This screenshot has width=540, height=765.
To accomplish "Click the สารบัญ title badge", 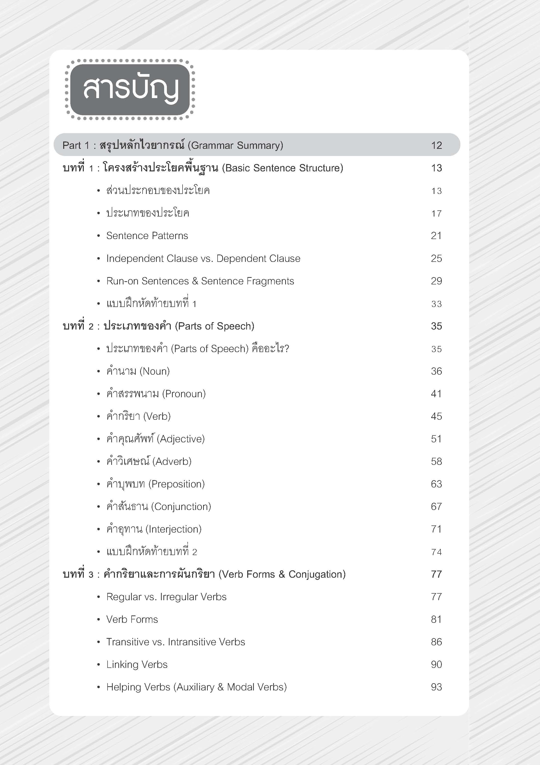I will coord(130,89).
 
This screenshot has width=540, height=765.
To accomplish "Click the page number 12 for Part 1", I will coord(436,145).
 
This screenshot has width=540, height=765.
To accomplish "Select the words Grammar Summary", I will coord(236,145).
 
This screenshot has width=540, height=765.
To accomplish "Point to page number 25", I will coord(436,258).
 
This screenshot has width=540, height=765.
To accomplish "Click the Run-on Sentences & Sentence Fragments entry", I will coord(200,281).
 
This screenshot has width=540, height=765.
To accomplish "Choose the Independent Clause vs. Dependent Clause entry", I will coord(203,258).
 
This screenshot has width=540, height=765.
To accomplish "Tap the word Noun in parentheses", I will coord(154,371).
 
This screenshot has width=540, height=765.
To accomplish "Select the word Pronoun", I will coord(184,394).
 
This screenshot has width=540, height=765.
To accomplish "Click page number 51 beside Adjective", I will coord(436,439).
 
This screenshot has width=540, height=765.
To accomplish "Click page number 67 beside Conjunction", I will coord(436,507).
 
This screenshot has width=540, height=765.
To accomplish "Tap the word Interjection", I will coord(173,529).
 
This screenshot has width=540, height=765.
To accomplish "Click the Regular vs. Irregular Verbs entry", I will coord(166,597).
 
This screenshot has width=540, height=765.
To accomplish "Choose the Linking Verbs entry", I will coord(136,664).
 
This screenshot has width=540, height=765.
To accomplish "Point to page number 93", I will coord(436,687).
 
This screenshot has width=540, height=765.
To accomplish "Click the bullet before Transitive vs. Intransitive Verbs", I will coord(98,642).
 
